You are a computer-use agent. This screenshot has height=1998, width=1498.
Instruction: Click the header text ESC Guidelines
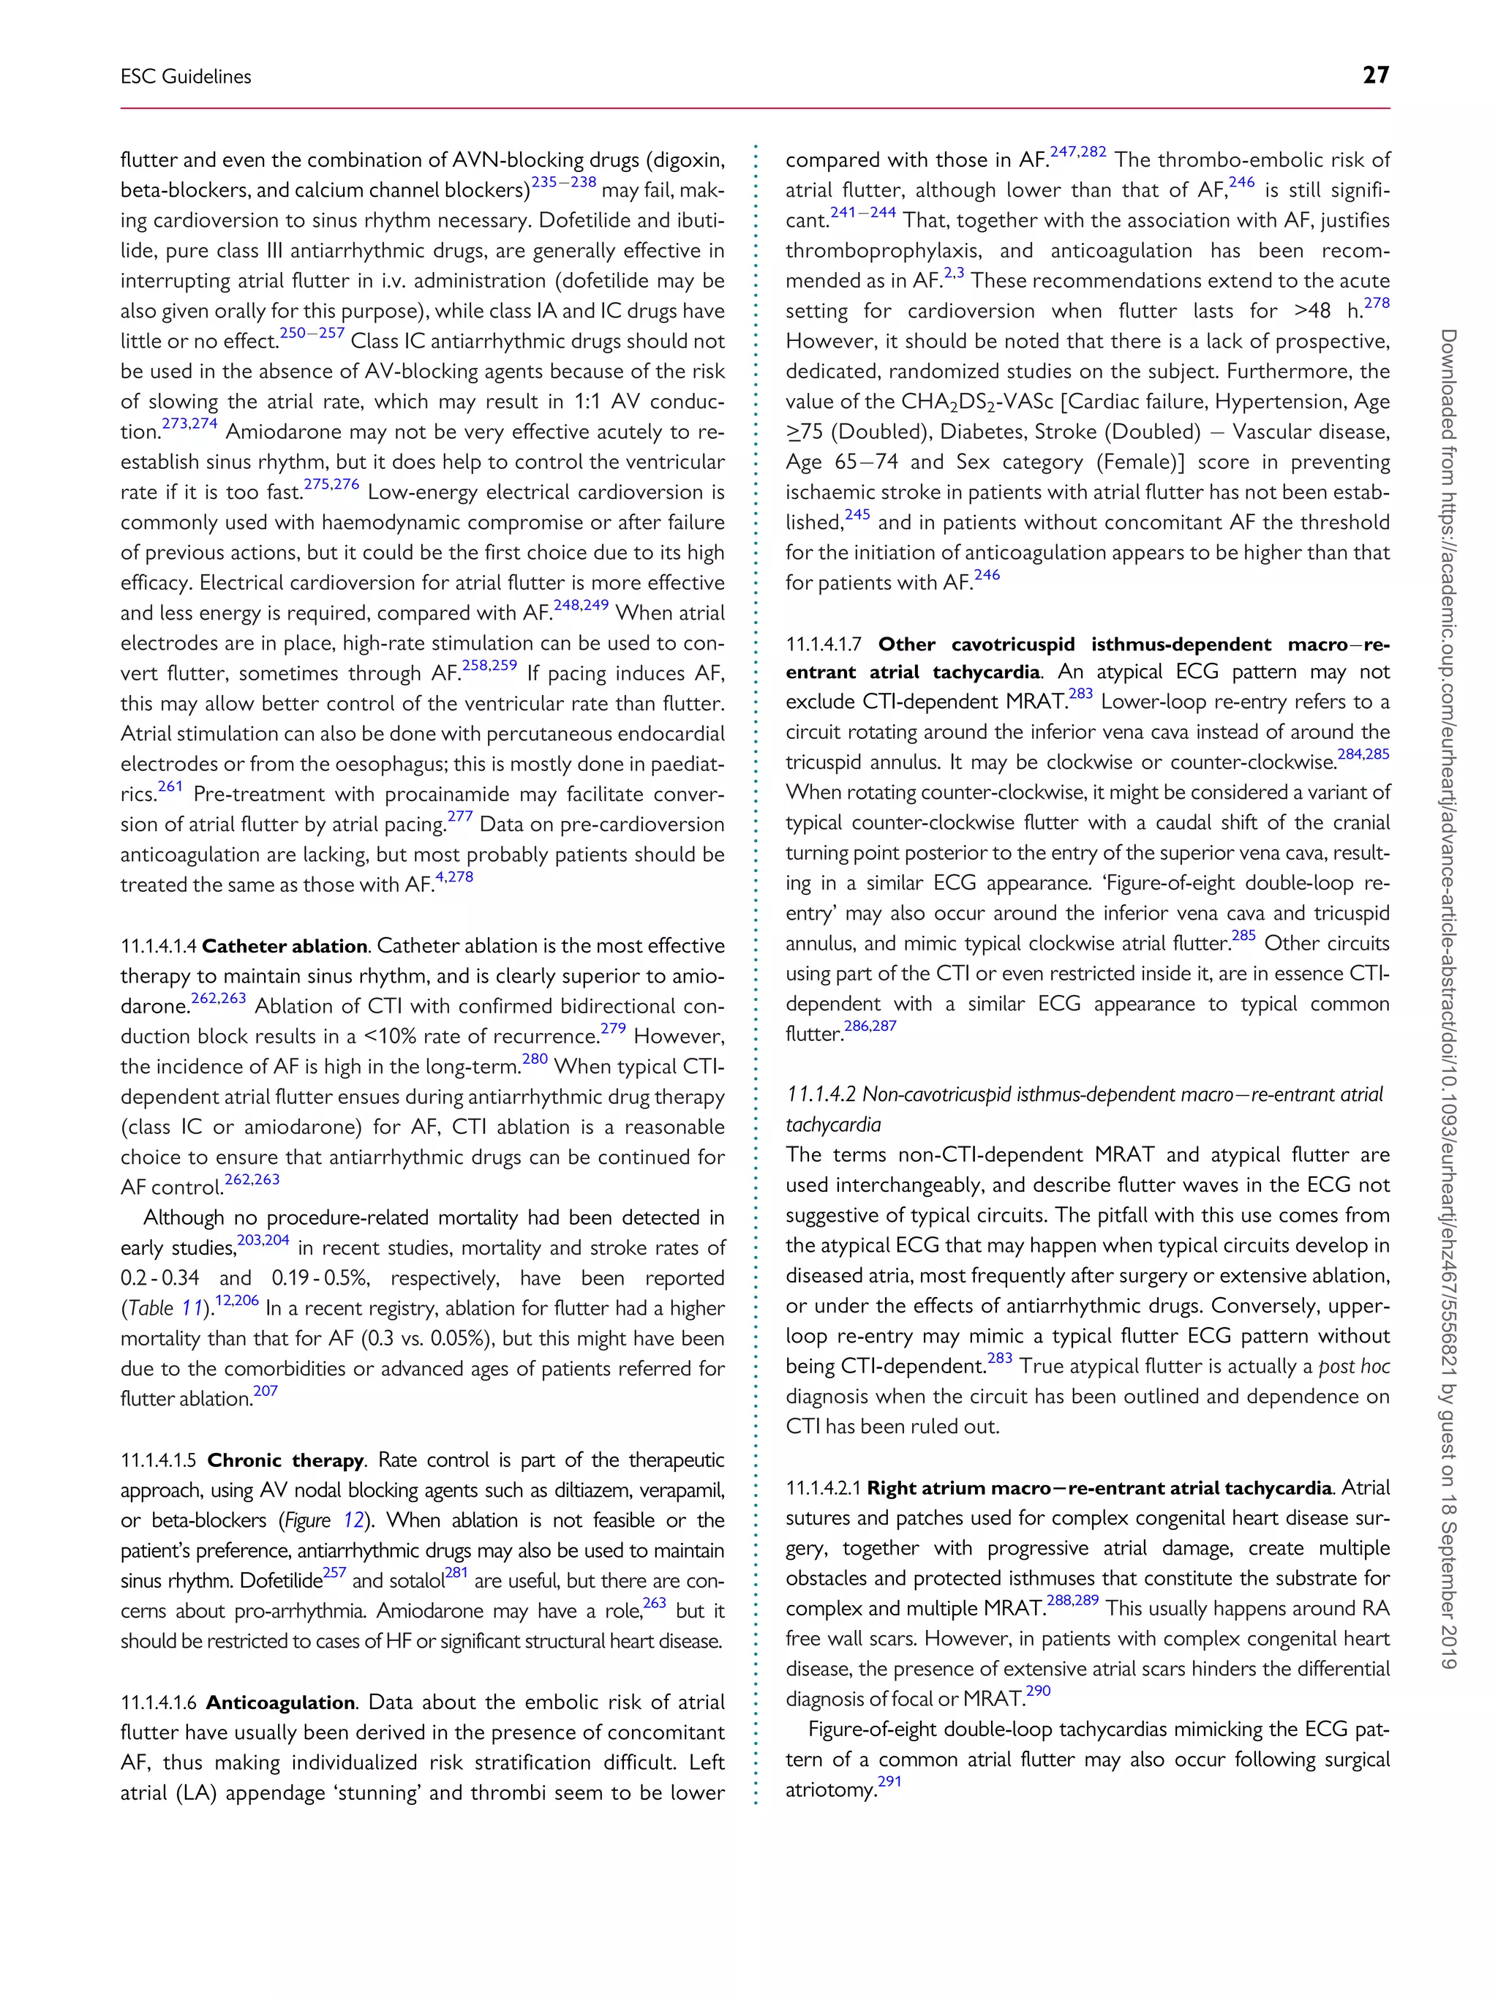(186, 77)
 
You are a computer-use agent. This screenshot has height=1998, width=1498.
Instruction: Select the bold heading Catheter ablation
(285, 946)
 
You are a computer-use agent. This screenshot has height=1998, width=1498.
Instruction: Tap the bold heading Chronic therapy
(285, 1460)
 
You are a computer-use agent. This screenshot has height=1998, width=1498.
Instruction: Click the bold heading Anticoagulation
(280, 1702)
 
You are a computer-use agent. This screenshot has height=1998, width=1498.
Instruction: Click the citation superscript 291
(889, 1782)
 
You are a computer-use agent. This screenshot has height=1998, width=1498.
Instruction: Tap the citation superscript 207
(266, 1391)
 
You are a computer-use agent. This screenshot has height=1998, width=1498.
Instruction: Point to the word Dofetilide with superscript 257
(281, 1581)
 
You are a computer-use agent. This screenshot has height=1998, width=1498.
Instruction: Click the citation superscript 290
(1039, 1691)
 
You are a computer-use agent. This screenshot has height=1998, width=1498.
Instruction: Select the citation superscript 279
(613, 1029)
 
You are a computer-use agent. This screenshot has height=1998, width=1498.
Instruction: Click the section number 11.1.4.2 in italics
(821, 1094)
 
